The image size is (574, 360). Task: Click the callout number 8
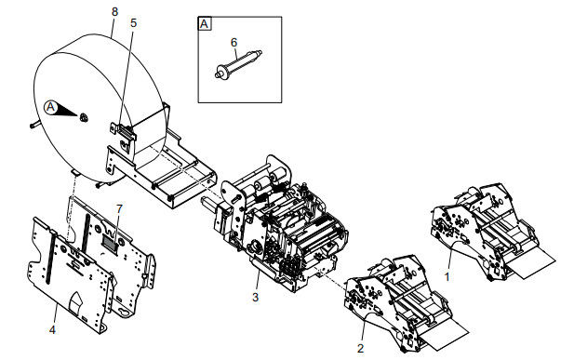click(115, 12)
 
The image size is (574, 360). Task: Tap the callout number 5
click(133, 22)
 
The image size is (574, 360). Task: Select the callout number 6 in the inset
click(234, 43)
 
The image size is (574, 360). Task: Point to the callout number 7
click(119, 208)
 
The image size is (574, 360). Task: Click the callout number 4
click(52, 329)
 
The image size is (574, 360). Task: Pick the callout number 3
click(255, 297)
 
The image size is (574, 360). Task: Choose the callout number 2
click(361, 348)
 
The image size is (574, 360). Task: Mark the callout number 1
click(447, 277)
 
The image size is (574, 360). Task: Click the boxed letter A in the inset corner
click(205, 24)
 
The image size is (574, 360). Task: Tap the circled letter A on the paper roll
click(51, 107)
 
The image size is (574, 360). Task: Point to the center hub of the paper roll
click(84, 117)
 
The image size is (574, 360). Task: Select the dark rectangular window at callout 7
click(110, 242)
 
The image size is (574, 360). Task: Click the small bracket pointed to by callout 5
click(124, 131)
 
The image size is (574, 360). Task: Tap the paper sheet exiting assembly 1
click(535, 262)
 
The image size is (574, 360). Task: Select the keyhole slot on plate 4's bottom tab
click(126, 313)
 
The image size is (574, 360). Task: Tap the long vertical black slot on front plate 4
click(50, 259)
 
